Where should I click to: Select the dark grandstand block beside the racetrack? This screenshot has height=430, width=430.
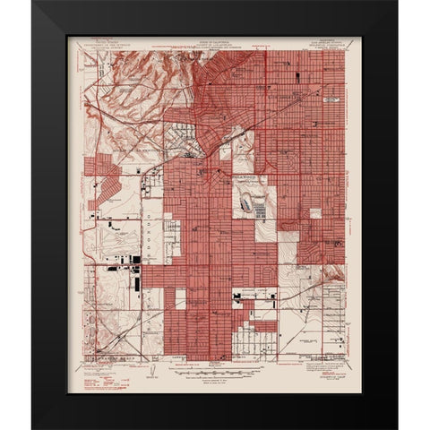pos(258,211)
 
